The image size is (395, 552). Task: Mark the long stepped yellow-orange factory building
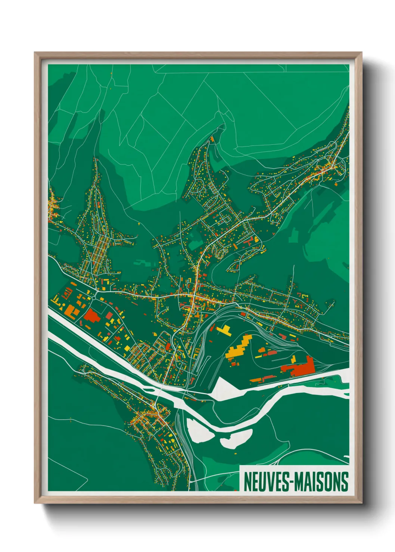239,347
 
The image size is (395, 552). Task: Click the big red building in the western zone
91,317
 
